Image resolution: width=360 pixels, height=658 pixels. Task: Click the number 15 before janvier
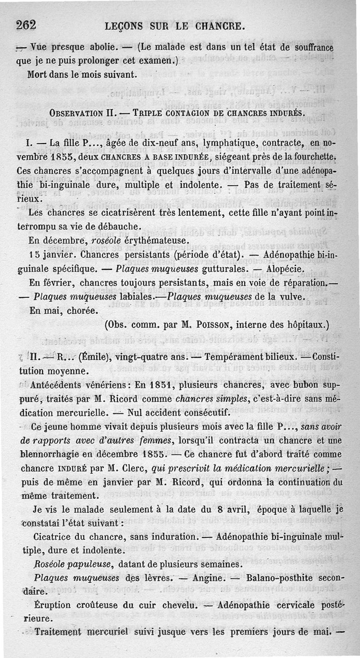click(x=34, y=255)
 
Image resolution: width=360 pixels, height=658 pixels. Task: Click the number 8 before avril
click(x=218, y=510)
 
